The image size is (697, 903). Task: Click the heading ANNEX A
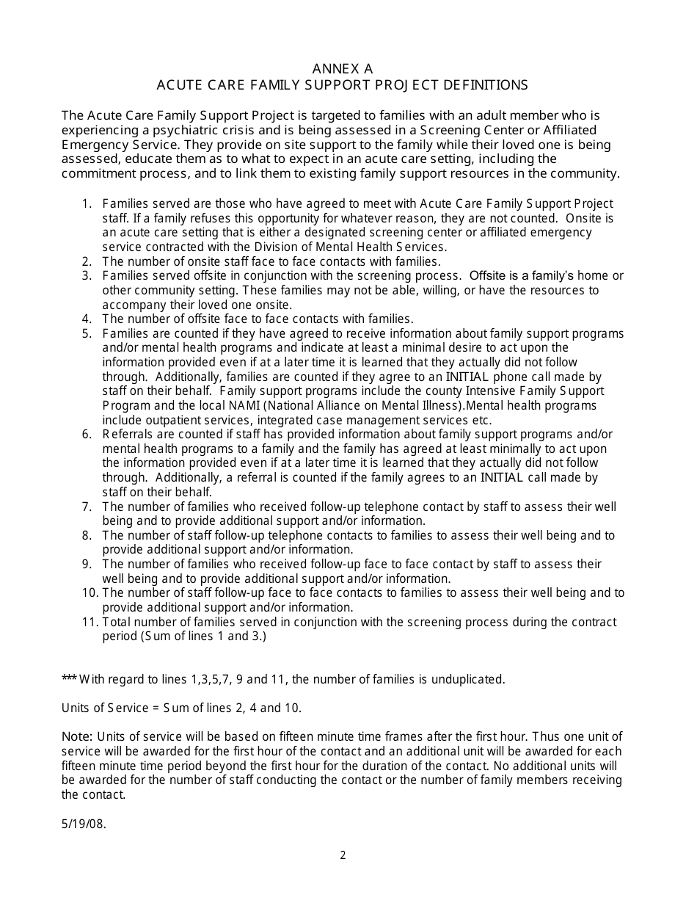click(342, 68)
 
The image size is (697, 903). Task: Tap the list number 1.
click(86, 203)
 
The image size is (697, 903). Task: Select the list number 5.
click(86, 333)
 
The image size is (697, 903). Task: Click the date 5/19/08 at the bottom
click(84, 824)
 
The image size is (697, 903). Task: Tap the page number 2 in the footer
click(343, 855)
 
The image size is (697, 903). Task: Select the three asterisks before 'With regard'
click(69, 679)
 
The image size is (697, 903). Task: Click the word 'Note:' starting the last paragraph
click(77, 736)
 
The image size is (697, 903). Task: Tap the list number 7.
click(86, 507)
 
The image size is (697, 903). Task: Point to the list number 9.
click(86, 564)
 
